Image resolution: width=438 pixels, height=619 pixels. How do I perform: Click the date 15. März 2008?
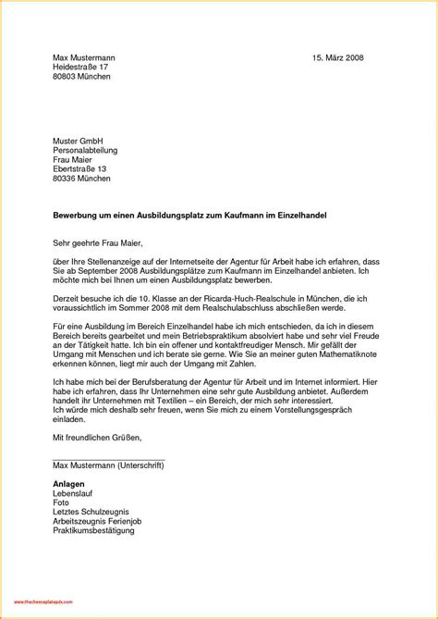(x=339, y=58)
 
